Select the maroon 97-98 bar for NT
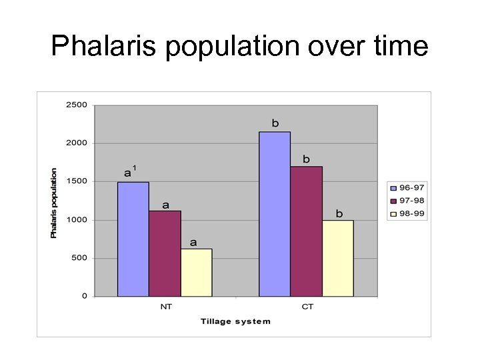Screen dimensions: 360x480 coord(165,253)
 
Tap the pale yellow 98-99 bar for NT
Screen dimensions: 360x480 coord(196,273)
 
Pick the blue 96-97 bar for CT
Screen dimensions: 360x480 coord(275,214)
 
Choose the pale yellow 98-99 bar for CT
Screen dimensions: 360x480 coord(337,258)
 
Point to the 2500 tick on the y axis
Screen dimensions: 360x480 coord(76,105)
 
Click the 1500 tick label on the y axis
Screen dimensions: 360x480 coord(76,181)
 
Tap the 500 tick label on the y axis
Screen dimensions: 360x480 coord(79,258)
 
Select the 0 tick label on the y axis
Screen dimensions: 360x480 coord(84,296)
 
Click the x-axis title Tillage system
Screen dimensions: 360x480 coord(235,321)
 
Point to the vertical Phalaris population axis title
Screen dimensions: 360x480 coord(54,203)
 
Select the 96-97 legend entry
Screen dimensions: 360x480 coord(407,187)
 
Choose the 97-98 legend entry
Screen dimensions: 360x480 coord(407,201)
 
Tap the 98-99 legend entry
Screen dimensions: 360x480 coord(407,214)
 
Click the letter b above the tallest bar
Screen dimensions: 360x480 coord(275,123)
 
